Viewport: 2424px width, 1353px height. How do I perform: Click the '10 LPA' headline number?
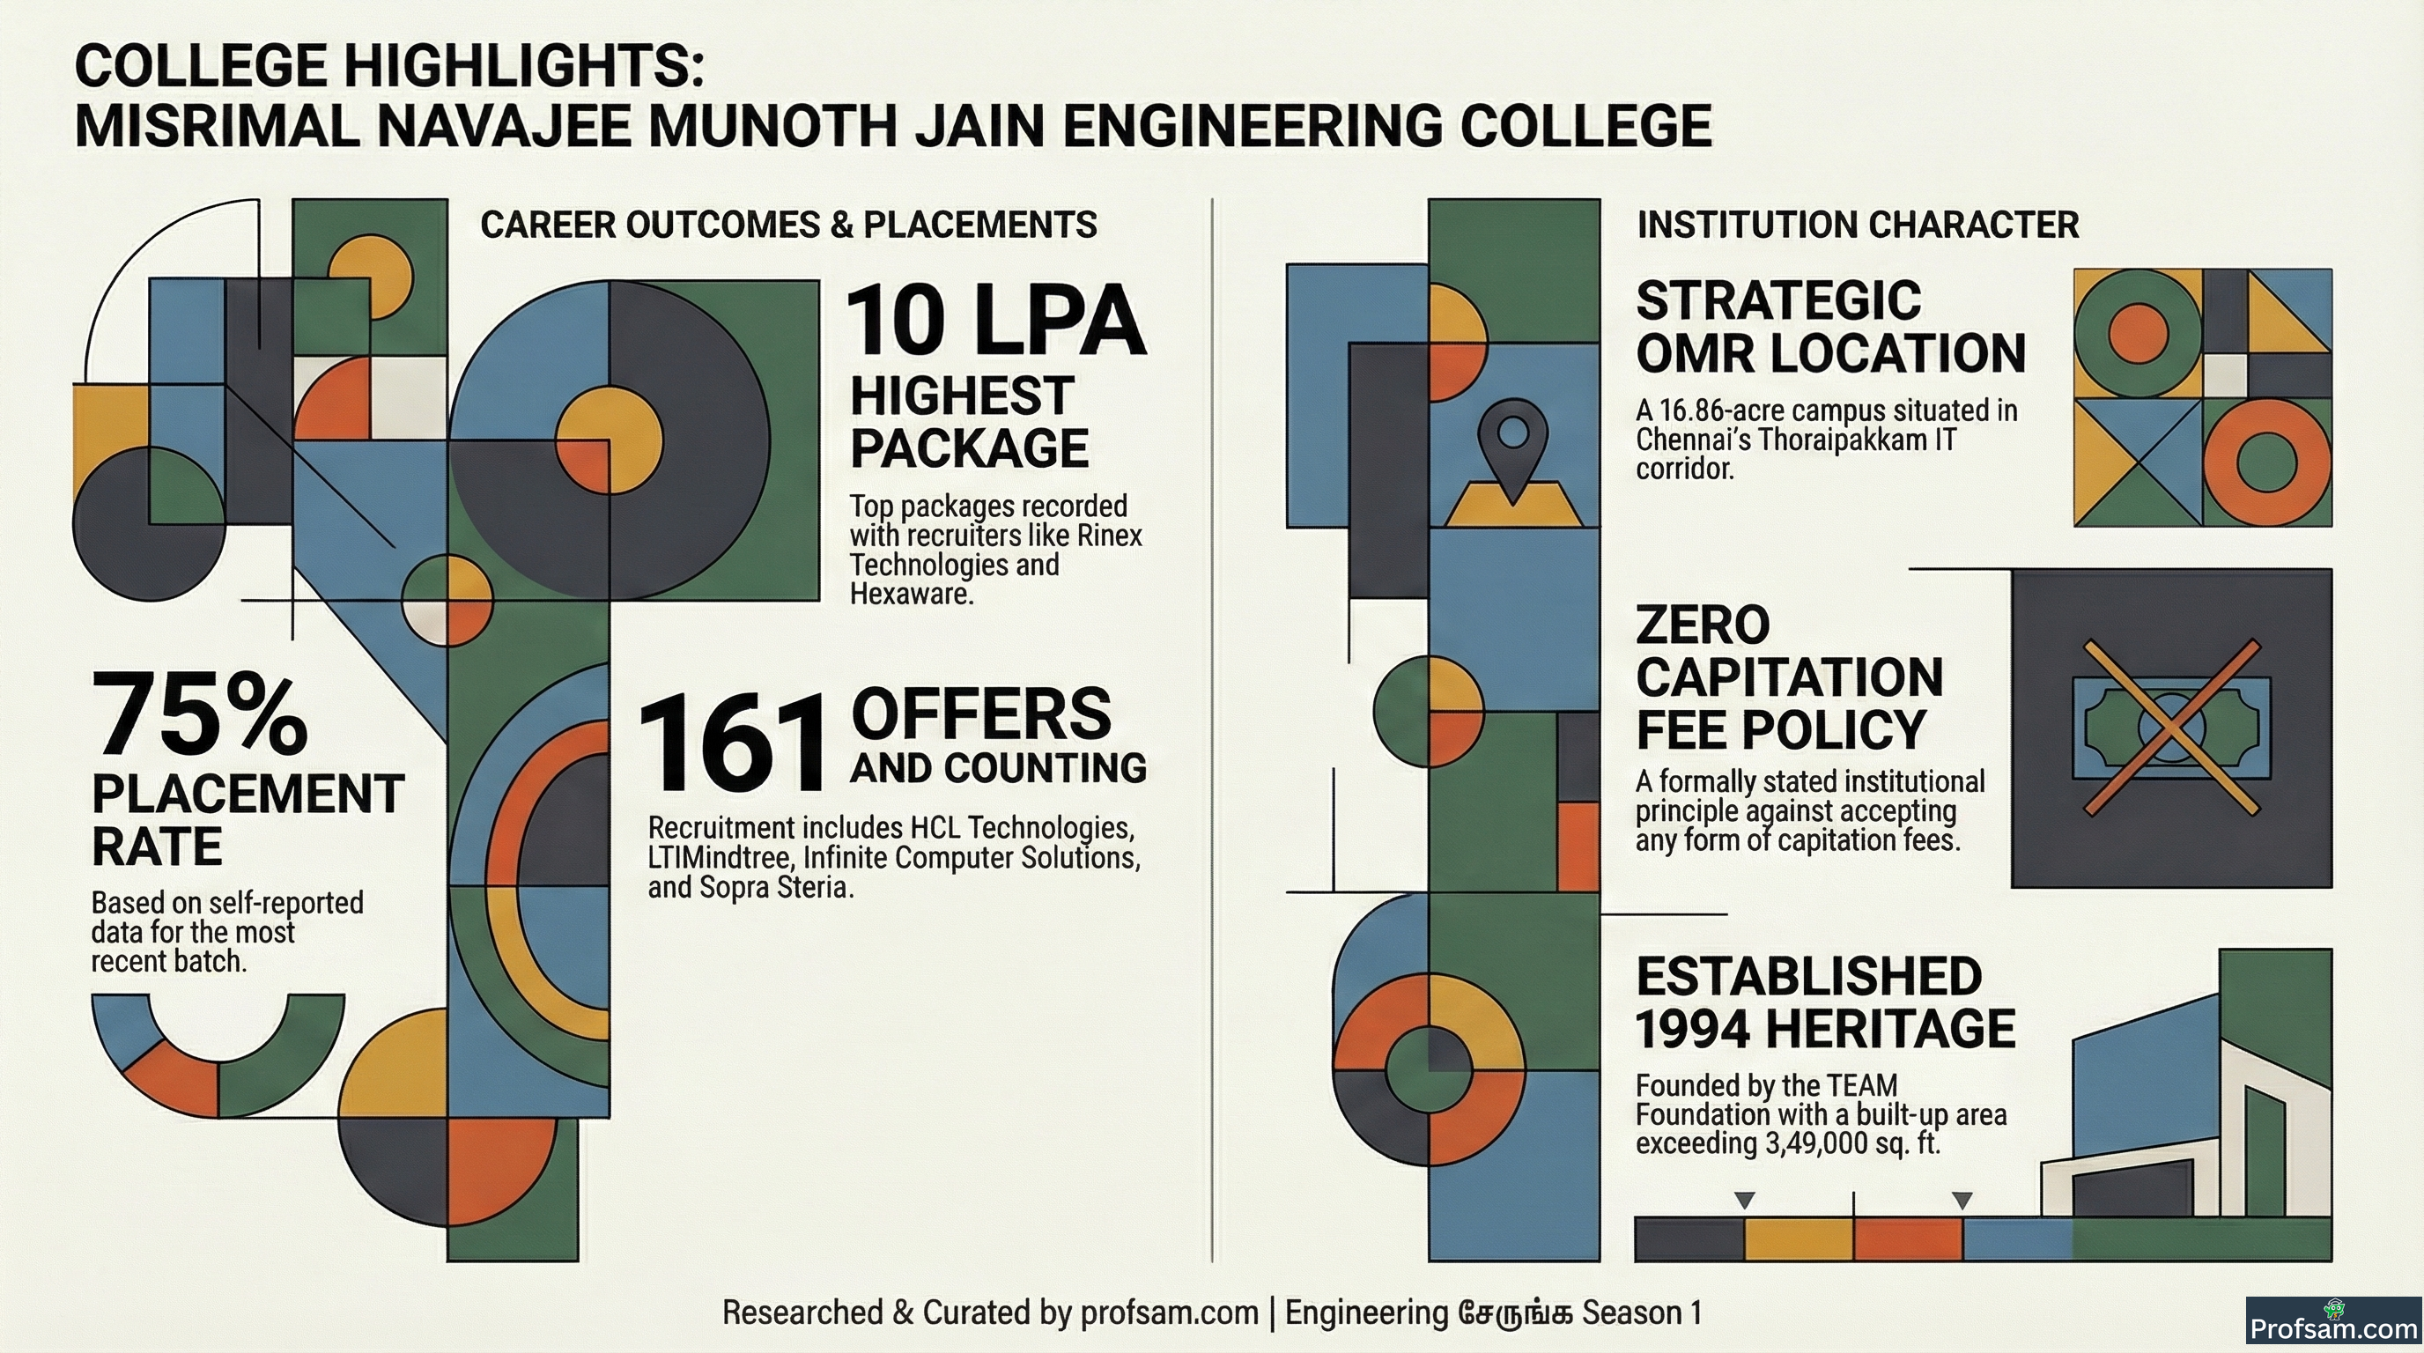pos(995,321)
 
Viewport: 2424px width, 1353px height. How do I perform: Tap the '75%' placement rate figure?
pos(199,714)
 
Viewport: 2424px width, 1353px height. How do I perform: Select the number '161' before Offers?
pos(732,743)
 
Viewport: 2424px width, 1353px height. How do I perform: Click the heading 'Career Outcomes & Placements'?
pos(788,225)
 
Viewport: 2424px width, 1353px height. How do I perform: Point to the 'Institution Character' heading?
pos(1858,225)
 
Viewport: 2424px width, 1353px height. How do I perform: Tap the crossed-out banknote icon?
pos(2171,727)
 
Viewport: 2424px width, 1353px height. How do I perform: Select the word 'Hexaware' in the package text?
pos(911,595)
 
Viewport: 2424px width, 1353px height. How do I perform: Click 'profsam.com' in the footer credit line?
pos(1169,1312)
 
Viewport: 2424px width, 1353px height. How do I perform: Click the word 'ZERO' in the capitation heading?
pos(1703,625)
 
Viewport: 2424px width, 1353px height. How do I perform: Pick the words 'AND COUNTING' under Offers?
pos(998,768)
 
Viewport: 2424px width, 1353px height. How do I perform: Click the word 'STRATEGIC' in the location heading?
pos(1778,300)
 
